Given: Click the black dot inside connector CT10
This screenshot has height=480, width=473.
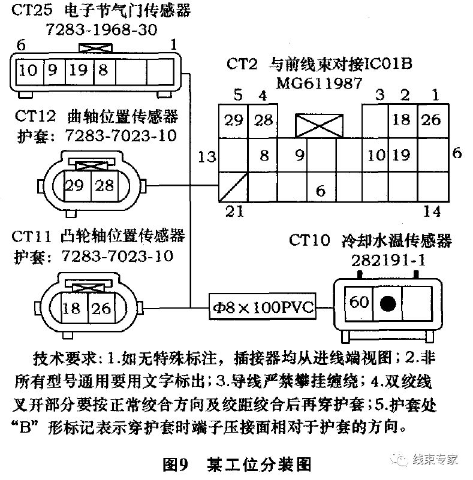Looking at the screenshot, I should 387,303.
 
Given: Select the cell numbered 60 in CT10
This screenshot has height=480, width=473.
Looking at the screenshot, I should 358,303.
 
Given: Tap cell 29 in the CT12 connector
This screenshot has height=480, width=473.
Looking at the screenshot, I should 74,185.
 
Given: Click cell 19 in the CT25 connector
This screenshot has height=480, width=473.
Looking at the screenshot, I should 77,71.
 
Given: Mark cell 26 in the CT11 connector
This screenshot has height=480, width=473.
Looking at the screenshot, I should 103,309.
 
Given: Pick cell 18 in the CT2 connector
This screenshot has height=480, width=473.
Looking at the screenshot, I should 401,120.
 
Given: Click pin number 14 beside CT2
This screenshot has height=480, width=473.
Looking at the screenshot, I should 432,211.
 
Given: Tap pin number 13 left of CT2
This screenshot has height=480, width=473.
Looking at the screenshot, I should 206,157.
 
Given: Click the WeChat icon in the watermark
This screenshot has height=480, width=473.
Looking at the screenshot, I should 399,459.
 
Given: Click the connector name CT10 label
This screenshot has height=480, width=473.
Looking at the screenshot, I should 309,241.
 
